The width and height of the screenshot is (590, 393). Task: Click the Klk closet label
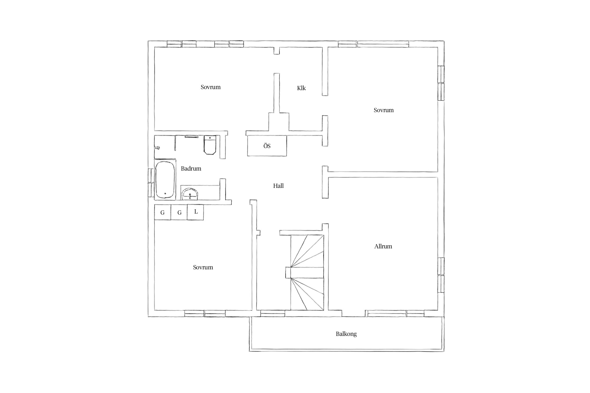click(301, 88)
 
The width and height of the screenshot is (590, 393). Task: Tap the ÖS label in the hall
click(267, 146)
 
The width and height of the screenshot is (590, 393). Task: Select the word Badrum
click(191, 168)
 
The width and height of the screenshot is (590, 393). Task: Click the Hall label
click(278, 186)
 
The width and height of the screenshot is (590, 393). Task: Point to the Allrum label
click(383, 246)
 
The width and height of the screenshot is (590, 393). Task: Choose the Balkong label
click(346, 334)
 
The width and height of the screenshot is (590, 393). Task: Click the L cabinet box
click(195, 212)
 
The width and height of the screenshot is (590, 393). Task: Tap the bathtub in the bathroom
click(165, 180)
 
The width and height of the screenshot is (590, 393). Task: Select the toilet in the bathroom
click(210, 145)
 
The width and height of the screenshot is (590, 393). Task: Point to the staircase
click(307, 272)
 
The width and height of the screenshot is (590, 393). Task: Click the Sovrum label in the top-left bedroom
click(211, 87)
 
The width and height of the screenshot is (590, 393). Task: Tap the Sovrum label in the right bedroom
click(384, 110)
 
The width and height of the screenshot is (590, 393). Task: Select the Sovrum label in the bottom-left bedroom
click(203, 267)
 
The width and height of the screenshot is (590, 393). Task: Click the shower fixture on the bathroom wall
click(157, 148)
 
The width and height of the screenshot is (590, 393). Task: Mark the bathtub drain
click(165, 194)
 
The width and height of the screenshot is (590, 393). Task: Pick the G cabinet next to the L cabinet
click(179, 212)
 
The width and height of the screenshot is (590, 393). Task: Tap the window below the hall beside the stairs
click(272, 313)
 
